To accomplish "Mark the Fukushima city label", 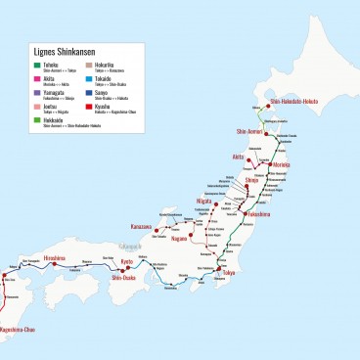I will point(259,213).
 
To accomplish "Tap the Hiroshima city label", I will point(53,258).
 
